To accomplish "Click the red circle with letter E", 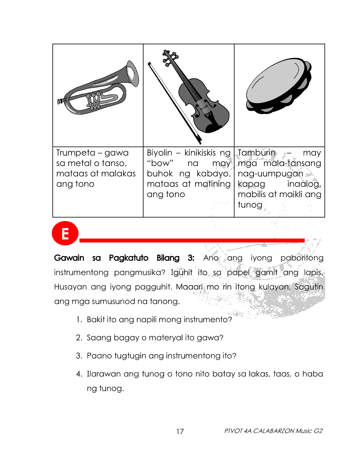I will click(65, 234).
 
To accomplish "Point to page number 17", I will click(180, 431).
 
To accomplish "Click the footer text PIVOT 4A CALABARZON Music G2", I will click(273, 431).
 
